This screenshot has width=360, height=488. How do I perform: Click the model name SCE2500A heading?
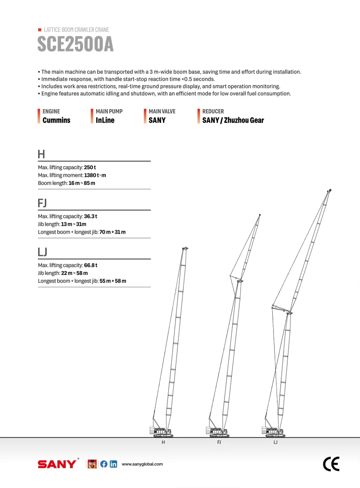pos(75,44)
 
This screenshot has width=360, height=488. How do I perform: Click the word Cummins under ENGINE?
pos(56,121)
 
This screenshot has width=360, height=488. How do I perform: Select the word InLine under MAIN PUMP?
pos(105,121)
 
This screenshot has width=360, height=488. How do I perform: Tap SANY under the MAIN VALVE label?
pos(157,121)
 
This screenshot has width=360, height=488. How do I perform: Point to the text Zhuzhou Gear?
pos(243,121)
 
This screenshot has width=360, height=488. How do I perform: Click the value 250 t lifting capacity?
pos(90,168)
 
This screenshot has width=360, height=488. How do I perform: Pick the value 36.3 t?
pos(91,217)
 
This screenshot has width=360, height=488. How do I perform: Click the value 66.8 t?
pos(91,265)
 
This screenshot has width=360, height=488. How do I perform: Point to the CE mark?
pos(331,464)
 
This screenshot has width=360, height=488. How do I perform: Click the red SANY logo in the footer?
pos(57,464)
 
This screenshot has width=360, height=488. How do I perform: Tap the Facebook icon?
pos(103,464)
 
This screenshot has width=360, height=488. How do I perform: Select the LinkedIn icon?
pos(113,464)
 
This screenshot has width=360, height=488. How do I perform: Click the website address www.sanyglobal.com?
pos(142,464)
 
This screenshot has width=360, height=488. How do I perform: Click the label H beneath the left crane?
pos(163,443)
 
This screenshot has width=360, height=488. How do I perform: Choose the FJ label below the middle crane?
pos(219,443)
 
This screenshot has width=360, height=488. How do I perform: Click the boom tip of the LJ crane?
pos(329,191)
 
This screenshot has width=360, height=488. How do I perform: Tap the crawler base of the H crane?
pos(163,435)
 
